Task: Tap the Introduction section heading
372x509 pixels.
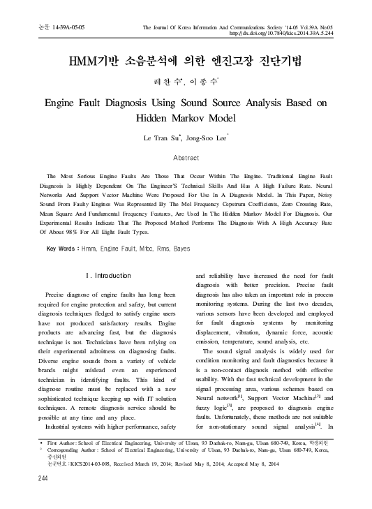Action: point(105,276)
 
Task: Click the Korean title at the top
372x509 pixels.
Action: point(186,61)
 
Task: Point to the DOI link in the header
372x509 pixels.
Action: point(288,32)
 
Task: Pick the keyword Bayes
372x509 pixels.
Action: point(181,249)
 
